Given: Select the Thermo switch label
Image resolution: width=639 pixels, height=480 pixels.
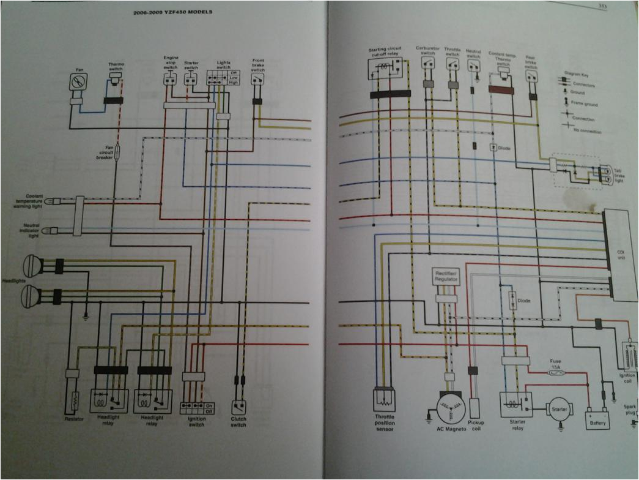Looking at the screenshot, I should click(x=116, y=66).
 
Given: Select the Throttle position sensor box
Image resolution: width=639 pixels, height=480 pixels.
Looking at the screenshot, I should click(x=385, y=400).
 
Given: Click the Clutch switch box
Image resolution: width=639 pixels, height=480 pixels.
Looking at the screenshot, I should click(x=238, y=407).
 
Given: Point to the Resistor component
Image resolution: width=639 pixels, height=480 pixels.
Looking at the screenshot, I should click(x=73, y=401).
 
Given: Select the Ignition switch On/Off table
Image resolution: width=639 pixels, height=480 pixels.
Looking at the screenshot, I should click(x=198, y=407).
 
